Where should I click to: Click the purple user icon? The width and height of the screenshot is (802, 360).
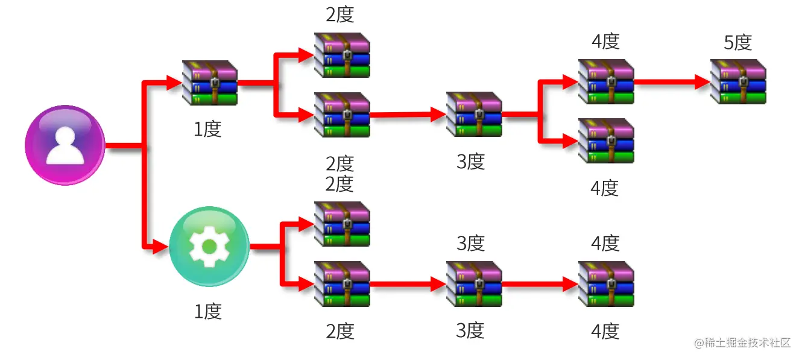(66, 145)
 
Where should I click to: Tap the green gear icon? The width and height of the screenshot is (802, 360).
(209, 246)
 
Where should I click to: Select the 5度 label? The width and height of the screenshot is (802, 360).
(737, 43)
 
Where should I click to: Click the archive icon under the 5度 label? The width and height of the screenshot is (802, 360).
(737, 81)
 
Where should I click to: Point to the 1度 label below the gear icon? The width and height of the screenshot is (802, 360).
(208, 312)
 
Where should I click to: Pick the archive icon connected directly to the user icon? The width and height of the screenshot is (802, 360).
(209, 83)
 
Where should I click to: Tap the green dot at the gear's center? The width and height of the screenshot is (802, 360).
(209, 246)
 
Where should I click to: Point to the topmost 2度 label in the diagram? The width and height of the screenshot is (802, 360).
(340, 14)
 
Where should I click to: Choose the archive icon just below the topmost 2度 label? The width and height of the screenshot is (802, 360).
(341, 55)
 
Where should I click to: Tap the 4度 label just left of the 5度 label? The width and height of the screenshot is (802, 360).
(605, 42)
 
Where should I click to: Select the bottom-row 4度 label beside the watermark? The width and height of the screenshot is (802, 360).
(605, 331)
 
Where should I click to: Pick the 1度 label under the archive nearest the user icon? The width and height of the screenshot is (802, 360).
(208, 129)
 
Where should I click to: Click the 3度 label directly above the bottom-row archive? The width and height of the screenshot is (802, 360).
(471, 244)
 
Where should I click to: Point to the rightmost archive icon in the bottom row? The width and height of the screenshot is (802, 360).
(606, 284)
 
